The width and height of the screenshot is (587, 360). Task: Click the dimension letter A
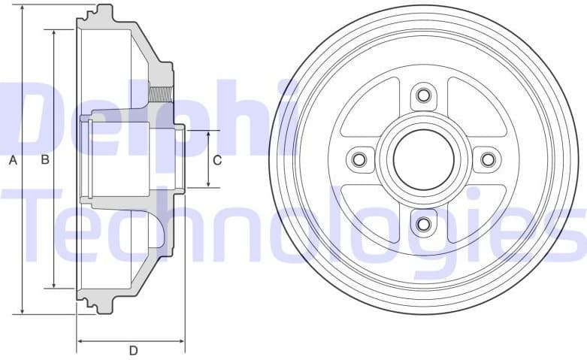(x=12, y=159)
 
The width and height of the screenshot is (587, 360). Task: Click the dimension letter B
(x=45, y=159)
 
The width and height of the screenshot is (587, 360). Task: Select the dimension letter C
(x=217, y=159)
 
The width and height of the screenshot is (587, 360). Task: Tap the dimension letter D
(x=133, y=350)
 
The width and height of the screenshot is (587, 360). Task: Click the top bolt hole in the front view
(x=423, y=95)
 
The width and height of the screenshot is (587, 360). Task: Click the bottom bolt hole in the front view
(x=423, y=224)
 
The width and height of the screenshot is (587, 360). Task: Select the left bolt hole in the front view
(x=359, y=159)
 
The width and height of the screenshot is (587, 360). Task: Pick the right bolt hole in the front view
(x=488, y=159)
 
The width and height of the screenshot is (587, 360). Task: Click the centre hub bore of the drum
(x=423, y=159)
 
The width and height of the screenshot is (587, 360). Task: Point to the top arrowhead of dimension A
(x=23, y=9)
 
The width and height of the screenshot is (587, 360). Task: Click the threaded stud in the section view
(x=160, y=95)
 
